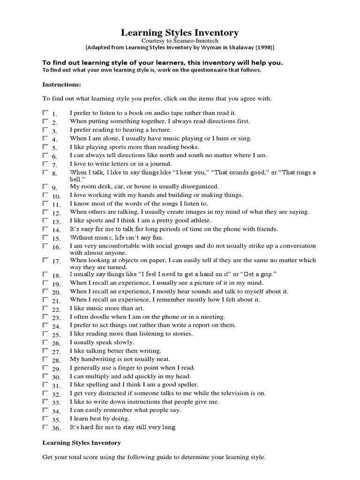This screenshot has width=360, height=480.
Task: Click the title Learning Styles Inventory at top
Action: click(180, 32)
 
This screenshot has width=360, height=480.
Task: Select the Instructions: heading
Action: click(61, 85)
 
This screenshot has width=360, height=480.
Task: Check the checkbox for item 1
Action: click(45, 113)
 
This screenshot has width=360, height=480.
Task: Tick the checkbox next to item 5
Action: click(45, 147)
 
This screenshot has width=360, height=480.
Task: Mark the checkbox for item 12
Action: click(45, 212)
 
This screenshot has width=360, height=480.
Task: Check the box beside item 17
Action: click(45, 260)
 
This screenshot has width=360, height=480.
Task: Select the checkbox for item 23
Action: click(45, 317)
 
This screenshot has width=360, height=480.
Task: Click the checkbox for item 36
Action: click(45, 427)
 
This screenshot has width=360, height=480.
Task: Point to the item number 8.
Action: click(54, 174)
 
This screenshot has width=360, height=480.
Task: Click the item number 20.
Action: click(56, 292)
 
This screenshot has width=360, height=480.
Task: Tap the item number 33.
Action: click(56, 403)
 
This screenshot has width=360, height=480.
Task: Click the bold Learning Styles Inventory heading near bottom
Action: click(82, 442)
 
